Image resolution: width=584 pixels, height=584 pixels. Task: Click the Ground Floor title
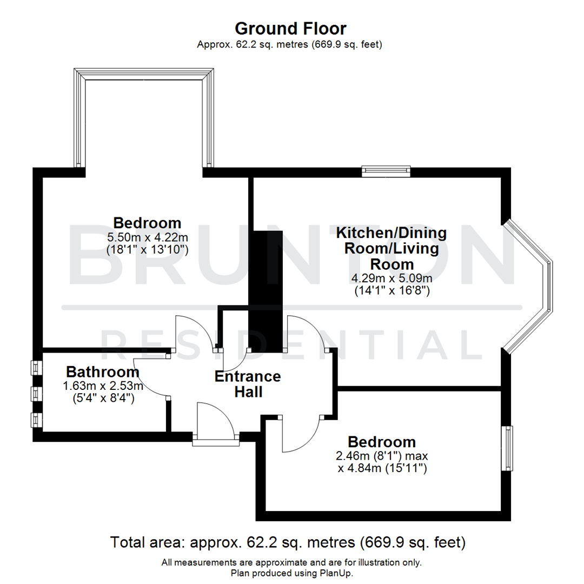pos(290,28)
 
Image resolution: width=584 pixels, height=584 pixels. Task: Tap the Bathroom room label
pos(103,372)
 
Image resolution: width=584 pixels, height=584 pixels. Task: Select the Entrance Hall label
pos(248,384)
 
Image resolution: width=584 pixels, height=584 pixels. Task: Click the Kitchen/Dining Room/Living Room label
pos(391,249)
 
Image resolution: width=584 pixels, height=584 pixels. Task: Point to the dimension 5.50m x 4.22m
pos(147,237)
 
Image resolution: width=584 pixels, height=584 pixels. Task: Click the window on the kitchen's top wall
pos(386,171)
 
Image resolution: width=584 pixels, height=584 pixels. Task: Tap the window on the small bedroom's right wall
pos(508,448)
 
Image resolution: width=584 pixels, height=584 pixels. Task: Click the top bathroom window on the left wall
pos(36,368)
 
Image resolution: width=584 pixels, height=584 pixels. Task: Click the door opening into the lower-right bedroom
pos(301,435)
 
